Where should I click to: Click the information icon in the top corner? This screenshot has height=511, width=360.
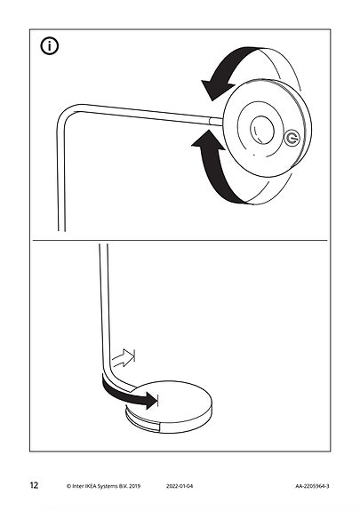50,46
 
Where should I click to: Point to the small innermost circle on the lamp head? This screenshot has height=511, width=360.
262,130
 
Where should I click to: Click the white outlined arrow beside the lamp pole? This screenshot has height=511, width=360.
124,358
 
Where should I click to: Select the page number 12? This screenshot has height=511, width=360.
34,485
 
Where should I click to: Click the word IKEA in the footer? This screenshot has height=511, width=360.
91,486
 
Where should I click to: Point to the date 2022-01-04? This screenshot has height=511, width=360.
180,486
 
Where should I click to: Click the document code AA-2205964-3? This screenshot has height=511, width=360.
312,486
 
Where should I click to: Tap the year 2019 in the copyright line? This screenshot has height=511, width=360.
135,486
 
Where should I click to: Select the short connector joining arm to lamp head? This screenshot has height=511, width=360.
216,121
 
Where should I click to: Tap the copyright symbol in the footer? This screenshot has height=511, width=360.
68,486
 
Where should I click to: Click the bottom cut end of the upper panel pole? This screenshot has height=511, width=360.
61,231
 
